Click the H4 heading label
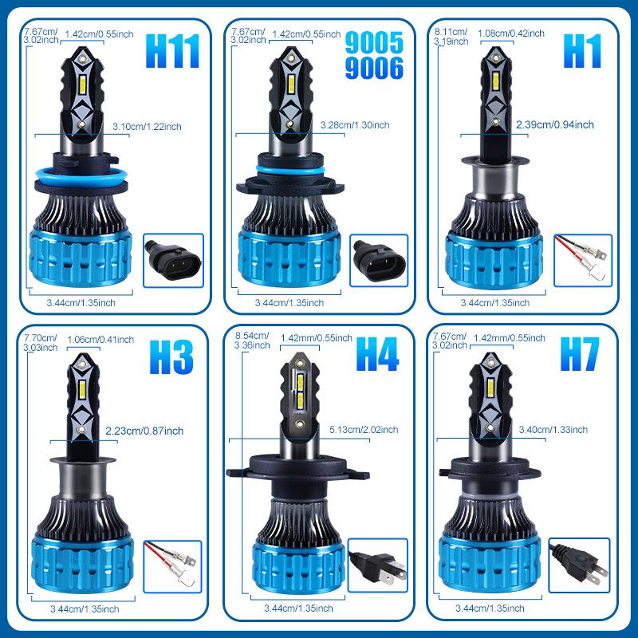[x=376, y=356]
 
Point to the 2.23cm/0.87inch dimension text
[x=144, y=431]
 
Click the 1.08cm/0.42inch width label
[x=511, y=33]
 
